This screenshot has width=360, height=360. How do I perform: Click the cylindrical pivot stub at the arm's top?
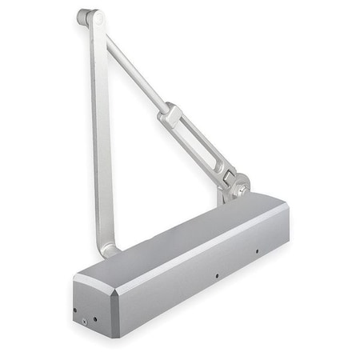83,14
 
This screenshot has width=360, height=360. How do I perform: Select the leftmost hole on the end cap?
74,310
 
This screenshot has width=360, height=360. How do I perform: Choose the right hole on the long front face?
257,251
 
